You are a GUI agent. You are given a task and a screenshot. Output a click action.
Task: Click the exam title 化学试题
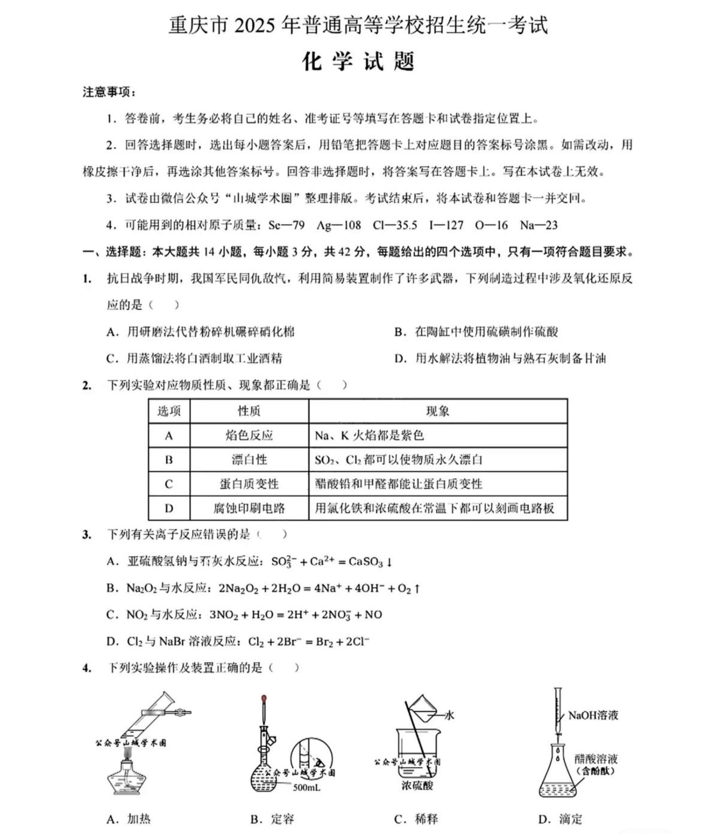tap(359, 61)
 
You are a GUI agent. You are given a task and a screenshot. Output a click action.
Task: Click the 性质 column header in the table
tap(249, 411)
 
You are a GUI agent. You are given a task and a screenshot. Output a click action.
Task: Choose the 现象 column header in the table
tap(437, 411)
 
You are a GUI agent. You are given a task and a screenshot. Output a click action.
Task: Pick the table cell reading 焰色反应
tap(249, 435)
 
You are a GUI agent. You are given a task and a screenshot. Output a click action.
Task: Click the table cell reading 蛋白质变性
tap(249, 484)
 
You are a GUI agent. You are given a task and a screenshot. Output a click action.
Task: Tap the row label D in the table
tap(169, 508)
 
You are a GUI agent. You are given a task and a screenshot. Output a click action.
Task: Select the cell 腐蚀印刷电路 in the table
tap(249, 508)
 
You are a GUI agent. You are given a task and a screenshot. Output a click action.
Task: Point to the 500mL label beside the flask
tap(306, 787)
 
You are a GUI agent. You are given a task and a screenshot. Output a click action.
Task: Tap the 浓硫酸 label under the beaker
tap(417, 785)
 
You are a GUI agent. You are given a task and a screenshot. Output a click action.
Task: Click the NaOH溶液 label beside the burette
tap(593, 715)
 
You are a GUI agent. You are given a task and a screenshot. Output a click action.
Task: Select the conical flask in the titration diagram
tap(558, 775)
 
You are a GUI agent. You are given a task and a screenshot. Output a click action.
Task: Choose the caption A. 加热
tap(129, 819)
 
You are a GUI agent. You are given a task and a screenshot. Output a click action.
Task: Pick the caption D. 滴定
tap(560, 819)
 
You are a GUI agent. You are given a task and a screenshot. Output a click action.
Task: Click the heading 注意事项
tap(109, 92)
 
